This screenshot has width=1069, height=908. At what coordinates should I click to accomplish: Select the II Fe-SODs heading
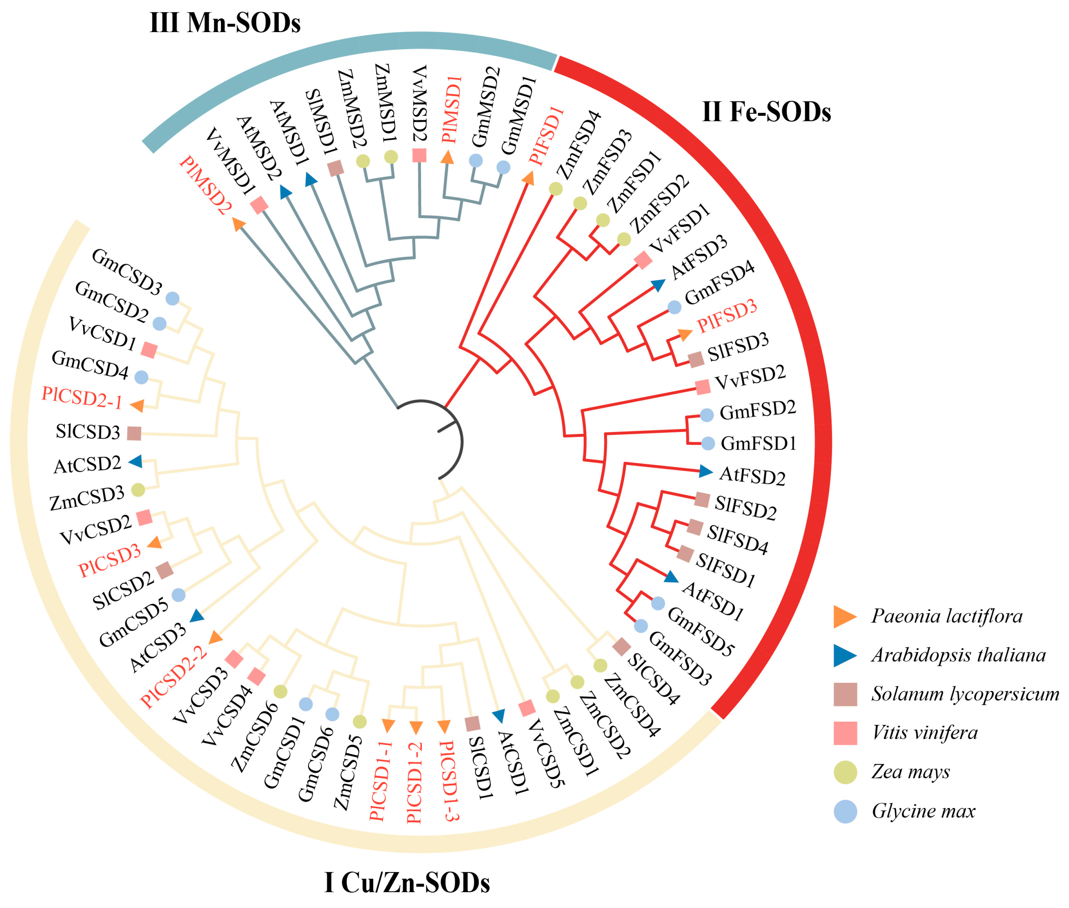coord(766,112)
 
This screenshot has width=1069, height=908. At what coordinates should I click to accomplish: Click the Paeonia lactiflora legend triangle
coord(844,616)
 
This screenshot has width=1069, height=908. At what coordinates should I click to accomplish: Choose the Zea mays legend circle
coord(845,772)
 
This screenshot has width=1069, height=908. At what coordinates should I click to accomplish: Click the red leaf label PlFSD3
coord(726,316)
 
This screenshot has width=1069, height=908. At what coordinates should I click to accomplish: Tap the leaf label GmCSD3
coord(127,271)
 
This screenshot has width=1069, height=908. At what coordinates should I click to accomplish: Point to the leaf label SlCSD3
coord(88,431)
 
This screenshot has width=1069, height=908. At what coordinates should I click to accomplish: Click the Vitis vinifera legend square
coord(845,733)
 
